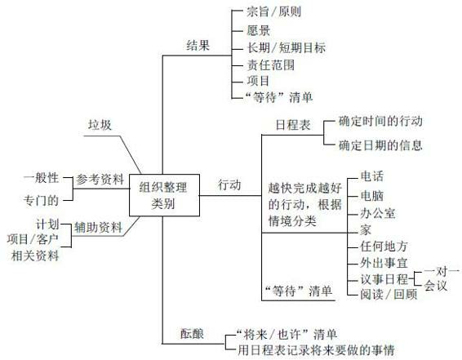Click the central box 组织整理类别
(x=164, y=195)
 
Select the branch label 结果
(x=198, y=46)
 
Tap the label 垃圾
(x=100, y=125)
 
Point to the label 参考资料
(x=100, y=180)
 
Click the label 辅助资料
(x=98, y=228)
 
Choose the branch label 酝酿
(x=192, y=334)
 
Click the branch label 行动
(x=229, y=185)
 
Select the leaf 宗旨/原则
(x=273, y=11)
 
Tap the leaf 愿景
(x=259, y=30)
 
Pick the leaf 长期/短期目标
(x=287, y=47)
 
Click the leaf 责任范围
(x=271, y=64)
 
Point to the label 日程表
(x=293, y=125)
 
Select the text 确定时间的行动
(x=380, y=121)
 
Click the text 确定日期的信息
(x=380, y=145)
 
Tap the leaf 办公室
(x=378, y=213)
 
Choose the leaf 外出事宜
(x=384, y=263)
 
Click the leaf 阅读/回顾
(x=389, y=294)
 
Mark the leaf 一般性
(x=41, y=178)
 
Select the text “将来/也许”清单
(x=287, y=335)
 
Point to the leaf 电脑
(x=372, y=196)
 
